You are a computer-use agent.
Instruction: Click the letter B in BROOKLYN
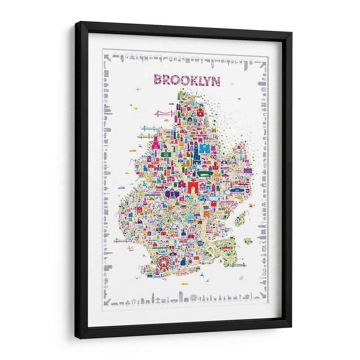[158, 80]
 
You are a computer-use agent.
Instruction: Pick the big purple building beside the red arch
[172, 194]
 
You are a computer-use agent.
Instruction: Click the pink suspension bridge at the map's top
[164, 113]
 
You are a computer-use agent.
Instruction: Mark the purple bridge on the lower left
[122, 241]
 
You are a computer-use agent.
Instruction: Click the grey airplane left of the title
[138, 89]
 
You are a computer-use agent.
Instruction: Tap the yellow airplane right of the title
[232, 84]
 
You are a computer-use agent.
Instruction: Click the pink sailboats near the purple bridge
[130, 248]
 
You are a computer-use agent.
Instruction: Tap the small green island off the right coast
[247, 241]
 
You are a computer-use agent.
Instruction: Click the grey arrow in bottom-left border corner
[106, 297]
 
